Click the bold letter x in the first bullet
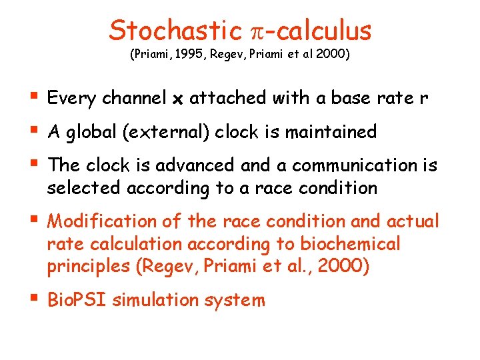[x=178, y=99]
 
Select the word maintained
[x=331, y=132]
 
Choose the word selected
[x=79, y=188]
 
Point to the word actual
[x=411, y=221]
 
